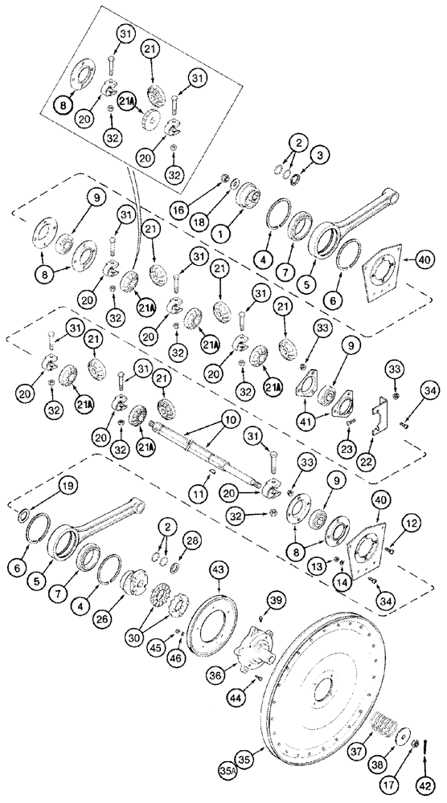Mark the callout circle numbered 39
pyautogui.click(x=276, y=601)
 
